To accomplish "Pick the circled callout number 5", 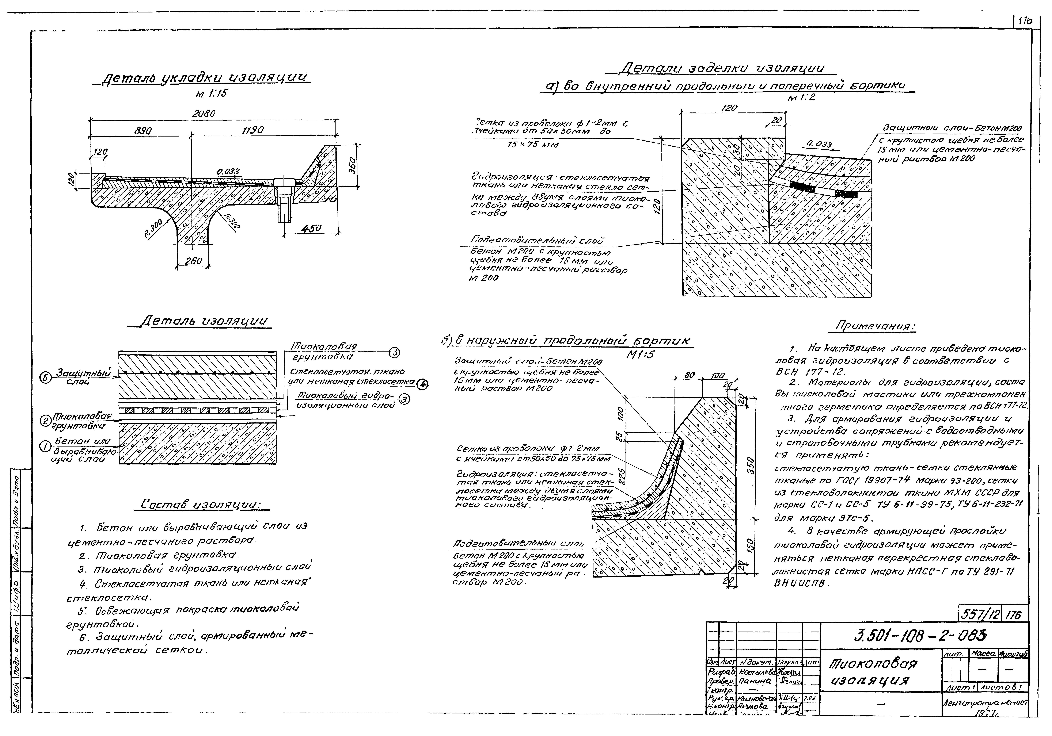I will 394,353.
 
